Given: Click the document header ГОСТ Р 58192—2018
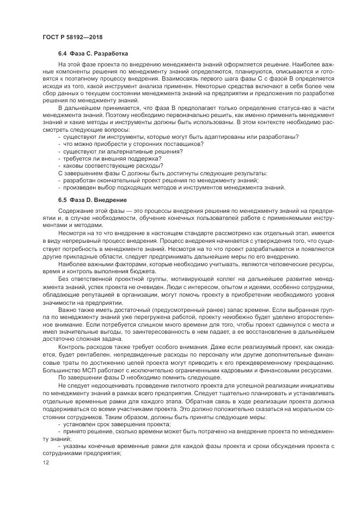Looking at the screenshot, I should coord(72,38).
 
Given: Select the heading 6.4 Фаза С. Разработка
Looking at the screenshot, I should coord(93,54).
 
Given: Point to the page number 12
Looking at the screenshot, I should coord(45,462).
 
